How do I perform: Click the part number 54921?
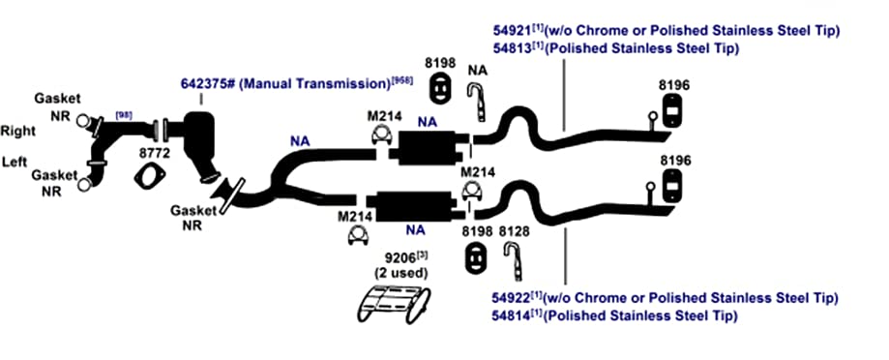[512, 31]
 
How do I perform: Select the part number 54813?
[512, 48]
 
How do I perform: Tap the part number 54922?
[512, 298]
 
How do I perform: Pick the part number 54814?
[512, 315]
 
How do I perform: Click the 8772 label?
[151, 153]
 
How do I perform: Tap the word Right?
[18, 132]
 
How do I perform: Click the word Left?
[15, 162]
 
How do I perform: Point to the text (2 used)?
[400, 273]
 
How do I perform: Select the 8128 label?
[514, 231]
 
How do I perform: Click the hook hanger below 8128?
[513, 260]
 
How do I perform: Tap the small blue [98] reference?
[123, 115]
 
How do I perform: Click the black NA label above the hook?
[479, 71]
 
